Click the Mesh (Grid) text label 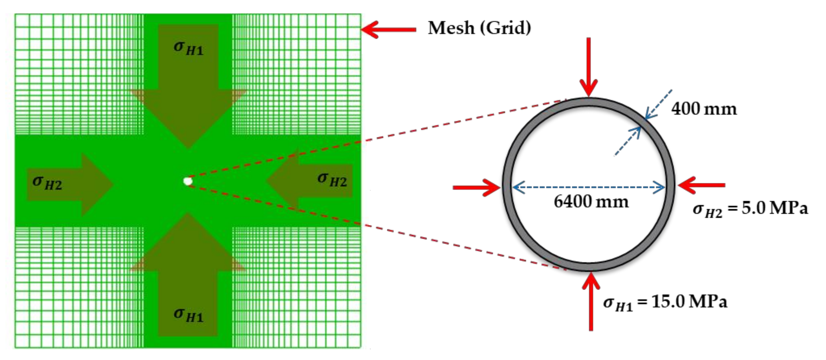[x=479, y=28]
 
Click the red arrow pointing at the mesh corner [x=388, y=30]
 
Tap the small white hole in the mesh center [x=187, y=181]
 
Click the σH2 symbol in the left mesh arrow [x=47, y=183]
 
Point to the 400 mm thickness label [x=704, y=109]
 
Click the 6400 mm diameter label [x=591, y=202]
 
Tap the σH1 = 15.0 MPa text [x=665, y=303]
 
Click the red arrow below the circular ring [x=591, y=301]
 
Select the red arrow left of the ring [x=477, y=187]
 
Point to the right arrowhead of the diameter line [x=661, y=187]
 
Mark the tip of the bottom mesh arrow [x=187, y=215]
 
